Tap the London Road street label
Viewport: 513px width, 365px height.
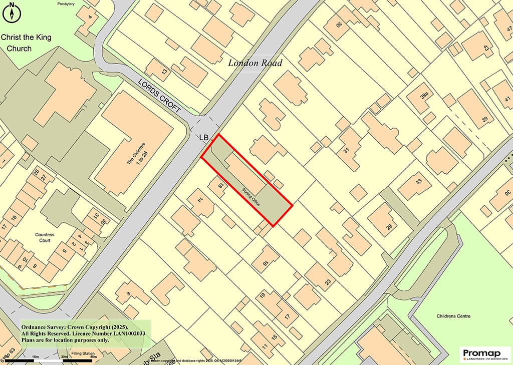pyautogui.click(x=255, y=63)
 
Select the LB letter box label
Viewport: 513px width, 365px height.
pyautogui.click(x=204, y=137)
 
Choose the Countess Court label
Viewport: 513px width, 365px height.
pyautogui.click(x=45, y=237)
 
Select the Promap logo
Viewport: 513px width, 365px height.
pyautogui.click(x=485, y=354)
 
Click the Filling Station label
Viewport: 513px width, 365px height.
pyautogui.click(x=83, y=354)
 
